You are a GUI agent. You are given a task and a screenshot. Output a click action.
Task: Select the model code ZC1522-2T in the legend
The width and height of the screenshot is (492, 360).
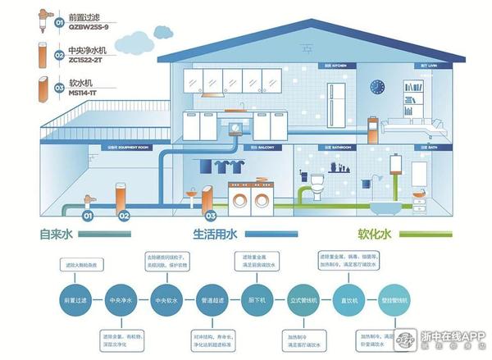(87, 61)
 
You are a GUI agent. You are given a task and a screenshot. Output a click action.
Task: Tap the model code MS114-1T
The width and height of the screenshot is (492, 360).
(84, 93)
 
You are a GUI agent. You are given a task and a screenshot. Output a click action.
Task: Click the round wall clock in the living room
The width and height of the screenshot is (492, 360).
(377, 85)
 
